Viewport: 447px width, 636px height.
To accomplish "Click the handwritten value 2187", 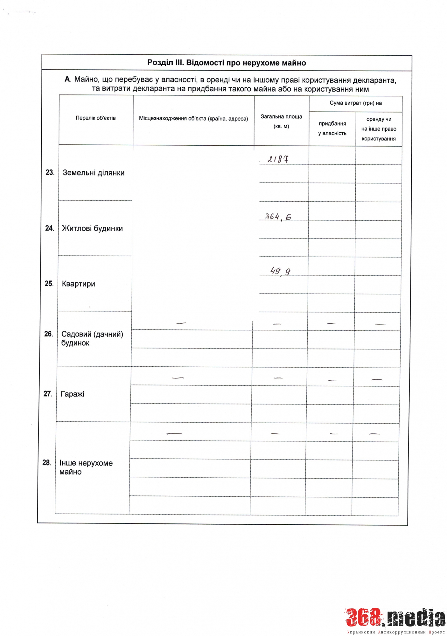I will [278, 159].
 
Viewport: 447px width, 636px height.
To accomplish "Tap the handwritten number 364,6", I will [278, 217].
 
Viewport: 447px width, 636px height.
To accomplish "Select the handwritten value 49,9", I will [280, 271].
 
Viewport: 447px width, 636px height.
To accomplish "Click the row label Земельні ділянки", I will [94, 173].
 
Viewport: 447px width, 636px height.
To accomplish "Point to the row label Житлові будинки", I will [92, 228].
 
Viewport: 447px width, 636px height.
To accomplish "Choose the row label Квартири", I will [79, 284].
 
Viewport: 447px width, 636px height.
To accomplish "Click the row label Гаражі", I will [73, 394].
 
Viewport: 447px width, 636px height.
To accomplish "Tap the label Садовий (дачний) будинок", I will [92, 338].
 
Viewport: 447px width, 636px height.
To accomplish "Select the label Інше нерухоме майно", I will [86, 467].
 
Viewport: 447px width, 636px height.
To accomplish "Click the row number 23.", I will [50, 173].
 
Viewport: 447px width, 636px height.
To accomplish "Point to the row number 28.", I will [47, 463].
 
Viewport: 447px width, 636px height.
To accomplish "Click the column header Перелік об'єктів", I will [96, 118].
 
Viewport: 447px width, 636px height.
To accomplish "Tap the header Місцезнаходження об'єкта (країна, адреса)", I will [193, 119].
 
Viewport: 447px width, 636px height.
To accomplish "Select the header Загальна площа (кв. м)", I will [281, 121].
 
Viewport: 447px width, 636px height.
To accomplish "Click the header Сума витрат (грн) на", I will [355, 103].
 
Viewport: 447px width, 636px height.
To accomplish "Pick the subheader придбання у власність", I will [332, 128].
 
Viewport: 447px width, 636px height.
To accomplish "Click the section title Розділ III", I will [227, 63].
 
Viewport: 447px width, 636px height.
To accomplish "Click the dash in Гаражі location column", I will [178, 378].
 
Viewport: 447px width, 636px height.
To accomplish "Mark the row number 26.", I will [48, 334].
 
